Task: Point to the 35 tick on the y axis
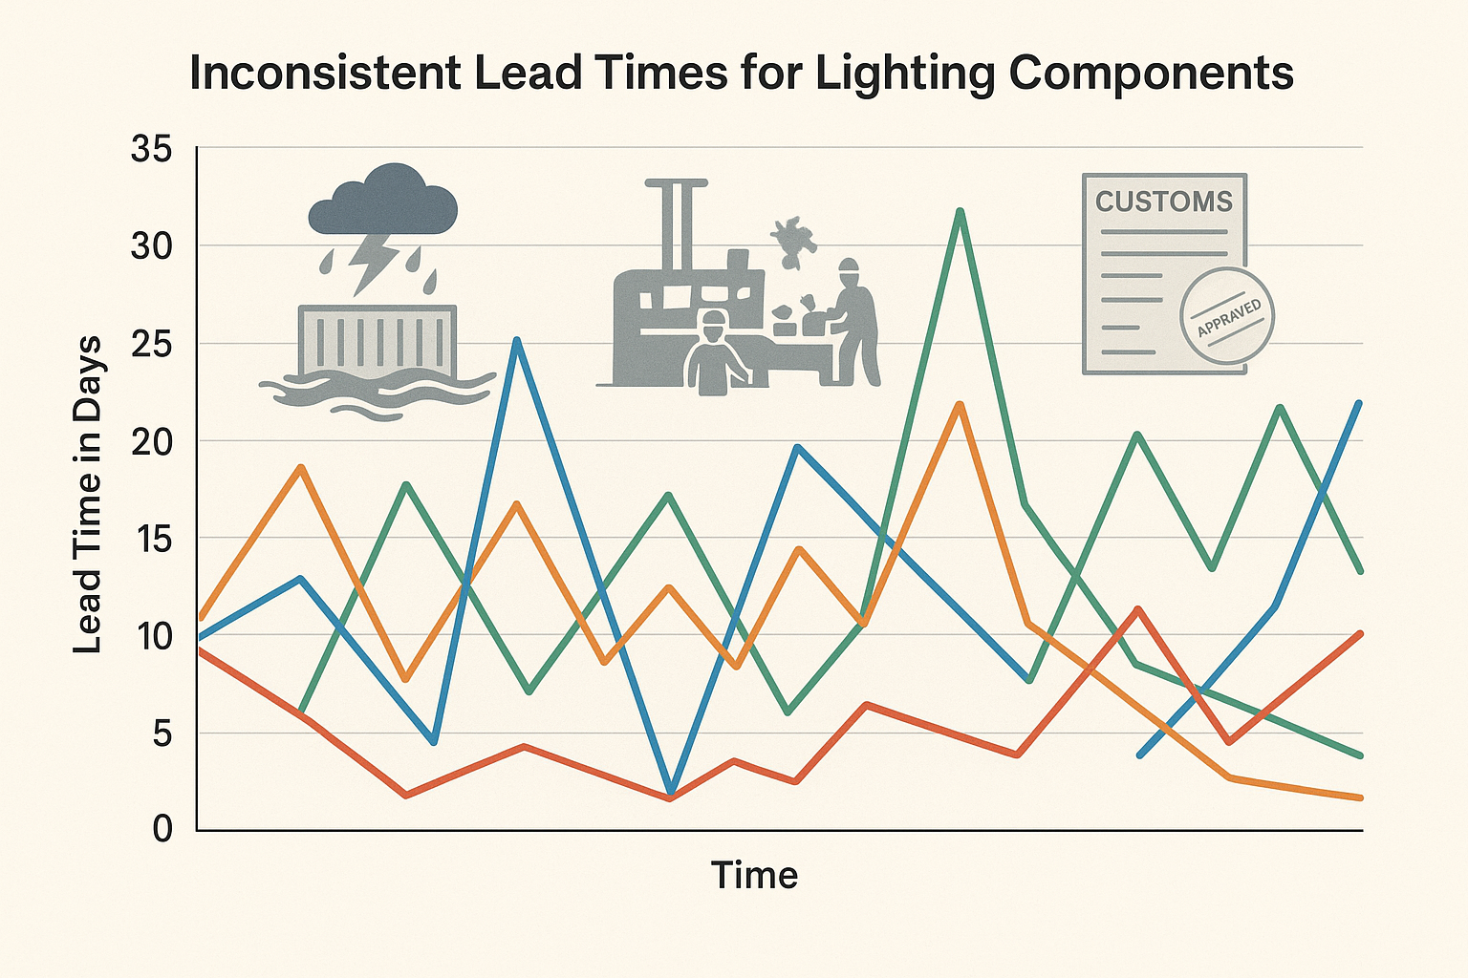tap(151, 150)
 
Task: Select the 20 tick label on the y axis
tap(151, 441)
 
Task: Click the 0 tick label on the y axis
tap(162, 828)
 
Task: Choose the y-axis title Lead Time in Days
tap(88, 495)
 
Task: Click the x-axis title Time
tap(754, 875)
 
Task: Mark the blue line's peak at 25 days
tap(516, 340)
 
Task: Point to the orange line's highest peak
tap(961, 405)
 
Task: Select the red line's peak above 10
tap(1137, 608)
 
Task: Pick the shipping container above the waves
tap(377, 341)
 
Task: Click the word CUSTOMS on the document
tap(1163, 202)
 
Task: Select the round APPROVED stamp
tap(1228, 315)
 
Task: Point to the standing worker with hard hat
tap(853, 320)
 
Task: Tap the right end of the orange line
tap(1359, 797)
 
